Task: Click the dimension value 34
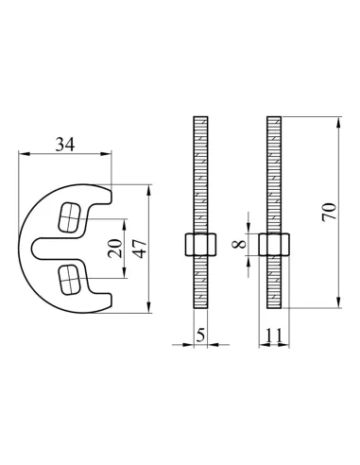(x=65, y=145)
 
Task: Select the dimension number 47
(x=141, y=249)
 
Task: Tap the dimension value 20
(x=115, y=249)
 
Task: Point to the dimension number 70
(x=329, y=213)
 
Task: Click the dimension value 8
(x=239, y=244)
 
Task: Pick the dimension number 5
(x=200, y=335)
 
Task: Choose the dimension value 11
(x=273, y=336)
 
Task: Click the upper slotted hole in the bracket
(x=69, y=217)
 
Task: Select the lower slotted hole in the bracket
(x=69, y=280)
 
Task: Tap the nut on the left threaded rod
(x=200, y=244)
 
